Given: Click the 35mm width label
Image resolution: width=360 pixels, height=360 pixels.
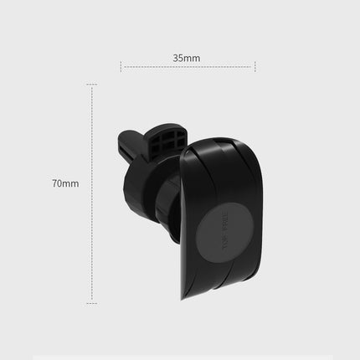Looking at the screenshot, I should coord(187,59).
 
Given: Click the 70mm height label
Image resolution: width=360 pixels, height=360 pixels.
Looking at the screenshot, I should coord(64,183).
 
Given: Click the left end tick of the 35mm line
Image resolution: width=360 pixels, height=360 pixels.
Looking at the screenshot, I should coord(121,66).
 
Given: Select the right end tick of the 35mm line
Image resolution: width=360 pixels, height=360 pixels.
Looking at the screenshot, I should coord(255,66).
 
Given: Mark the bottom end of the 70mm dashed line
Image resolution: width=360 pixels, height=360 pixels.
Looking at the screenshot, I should coord(92,302).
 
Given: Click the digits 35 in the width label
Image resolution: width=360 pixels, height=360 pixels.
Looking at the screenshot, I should coord(180,59).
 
